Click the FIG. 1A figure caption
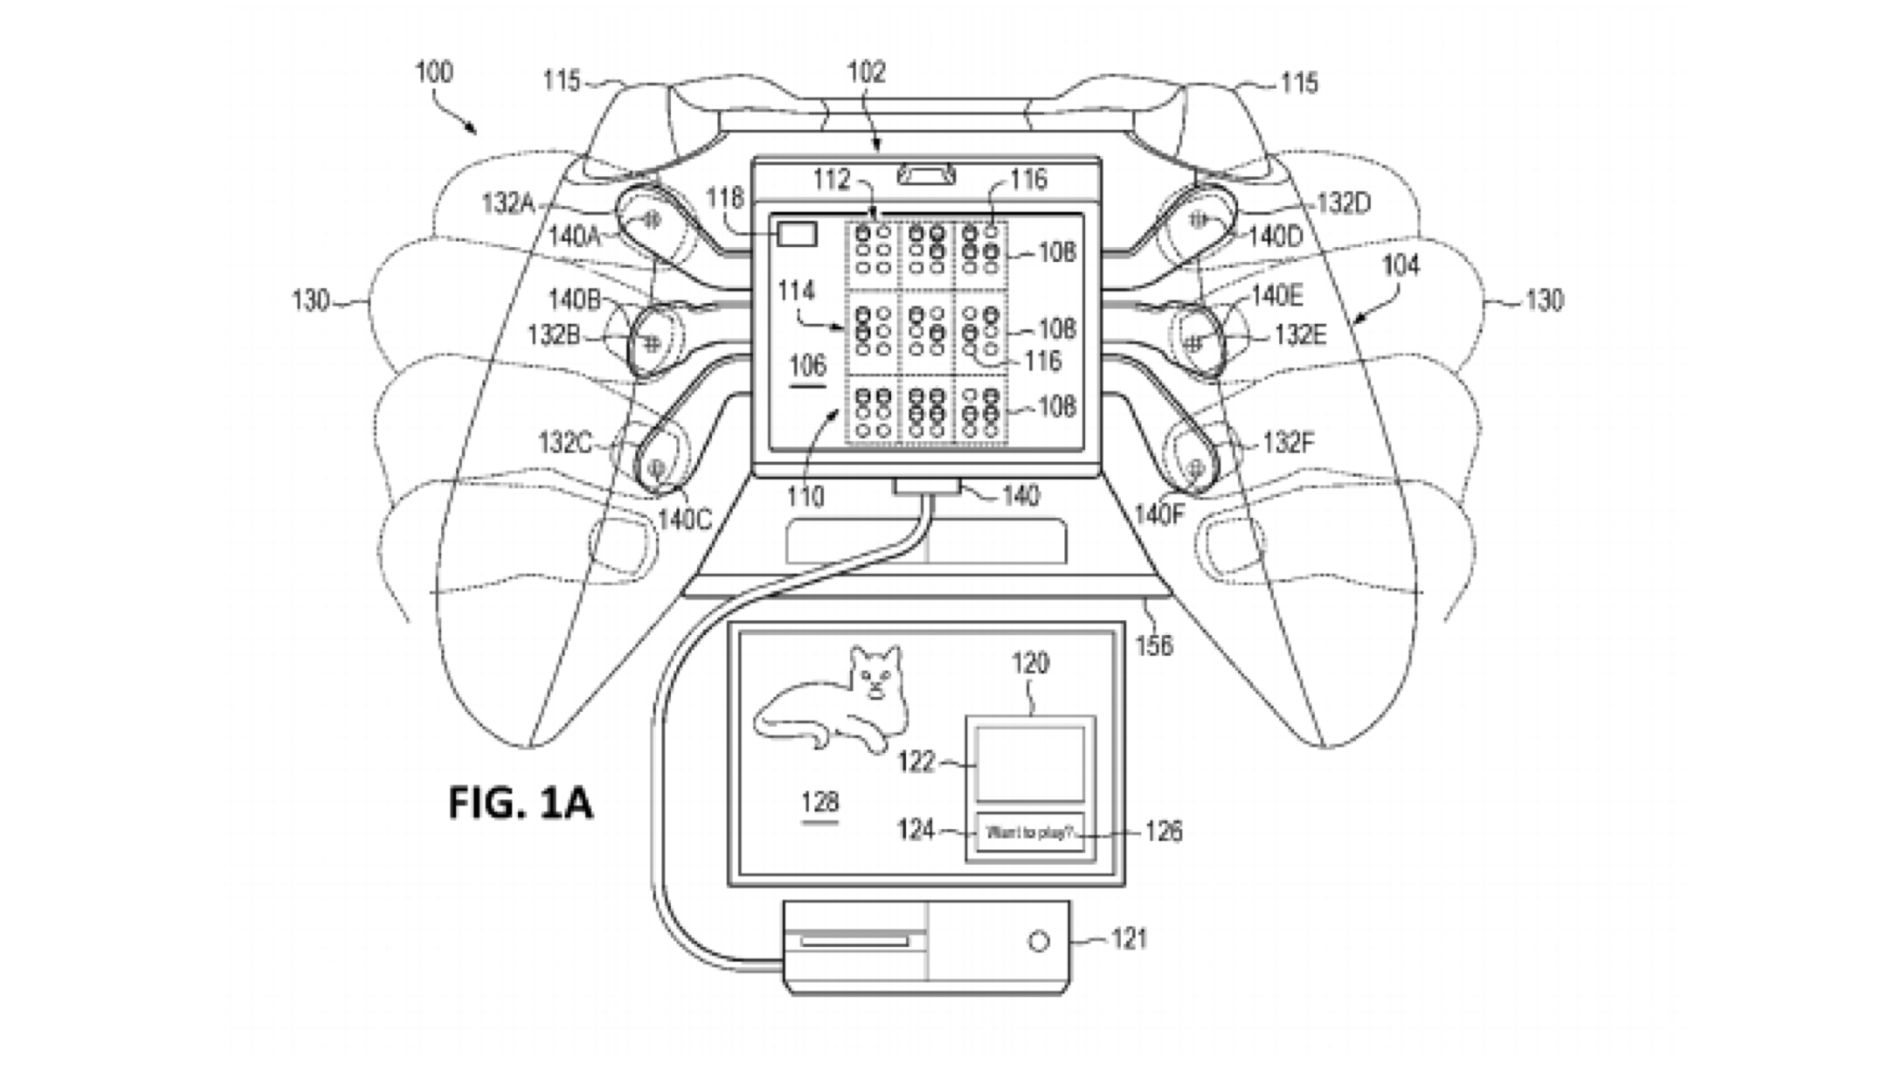[520, 803]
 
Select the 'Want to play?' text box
[1030, 832]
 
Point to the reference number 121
[1129, 939]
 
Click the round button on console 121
[1038, 941]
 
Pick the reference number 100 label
[434, 72]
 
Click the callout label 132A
[508, 203]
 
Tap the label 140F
[1159, 515]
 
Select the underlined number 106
[807, 366]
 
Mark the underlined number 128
[820, 803]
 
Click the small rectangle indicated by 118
[797, 234]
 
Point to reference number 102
[866, 72]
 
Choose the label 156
[1154, 646]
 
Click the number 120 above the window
[1030, 663]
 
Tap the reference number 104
[1400, 265]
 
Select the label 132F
[1289, 443]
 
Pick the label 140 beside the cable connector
[1020, 496]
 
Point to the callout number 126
[1163, 831]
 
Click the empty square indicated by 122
[1030, 765]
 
